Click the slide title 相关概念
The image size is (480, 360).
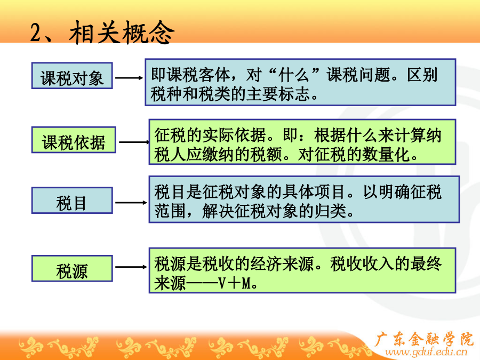122,33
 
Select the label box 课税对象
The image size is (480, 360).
72,76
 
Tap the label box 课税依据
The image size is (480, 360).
74,140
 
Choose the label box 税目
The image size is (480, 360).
72,201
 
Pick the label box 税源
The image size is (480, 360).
72,268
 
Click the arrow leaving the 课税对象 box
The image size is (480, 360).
129,78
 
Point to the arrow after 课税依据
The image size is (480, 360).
134,142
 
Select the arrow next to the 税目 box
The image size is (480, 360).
131,202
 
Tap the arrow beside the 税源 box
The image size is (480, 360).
131,267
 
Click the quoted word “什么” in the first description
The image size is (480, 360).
294,75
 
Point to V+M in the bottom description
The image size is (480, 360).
236,284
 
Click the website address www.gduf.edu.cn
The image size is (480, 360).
426,352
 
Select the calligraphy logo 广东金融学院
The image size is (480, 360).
424,339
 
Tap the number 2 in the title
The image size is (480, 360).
36,33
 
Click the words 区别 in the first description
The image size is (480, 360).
422,75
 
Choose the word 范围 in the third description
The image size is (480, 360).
170,211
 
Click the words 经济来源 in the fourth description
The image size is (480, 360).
282,264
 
